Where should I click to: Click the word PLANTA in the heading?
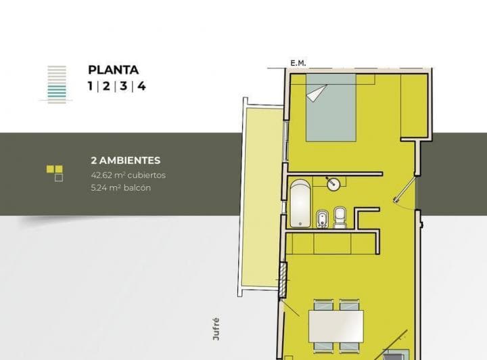(x=114, y=70)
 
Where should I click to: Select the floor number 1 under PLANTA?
(x=91, y=86)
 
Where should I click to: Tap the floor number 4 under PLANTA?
(x=141, y=86)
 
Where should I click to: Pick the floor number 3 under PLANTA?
(x=124, y=86)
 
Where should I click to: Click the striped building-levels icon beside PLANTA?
(x=57, y=82)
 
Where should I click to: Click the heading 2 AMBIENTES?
(x=125, y=161)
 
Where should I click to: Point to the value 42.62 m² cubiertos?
(x=128, y=175)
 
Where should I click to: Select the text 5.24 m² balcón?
(x=120, y=187)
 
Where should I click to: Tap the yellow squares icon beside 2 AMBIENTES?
(x=55, y=173)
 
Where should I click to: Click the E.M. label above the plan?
(x=298, y=64)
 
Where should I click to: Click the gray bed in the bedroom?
(x=331, y=112)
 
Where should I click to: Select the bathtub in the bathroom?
(x=300, y=204)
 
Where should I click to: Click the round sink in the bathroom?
(x=333, y=183)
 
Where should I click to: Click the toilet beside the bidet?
(x=340, y=217)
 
